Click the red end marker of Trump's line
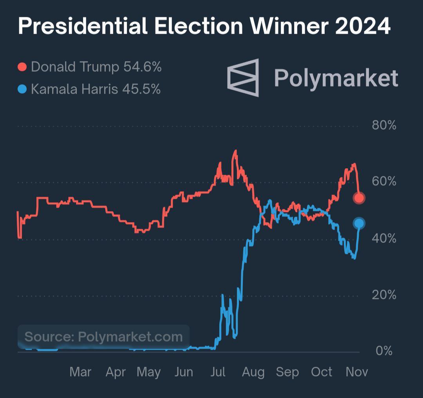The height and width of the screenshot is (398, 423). click(x=359, y=198)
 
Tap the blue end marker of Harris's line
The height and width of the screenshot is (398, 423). click(x=359, y=223)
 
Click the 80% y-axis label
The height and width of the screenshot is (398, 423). click(x=384, y=126)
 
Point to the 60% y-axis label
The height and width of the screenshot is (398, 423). click(x=384, y=182)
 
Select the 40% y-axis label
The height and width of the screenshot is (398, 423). click(x=384, y=238)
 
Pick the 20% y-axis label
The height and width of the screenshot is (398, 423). click(x=384, y=295)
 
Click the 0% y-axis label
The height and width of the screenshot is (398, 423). click(x=384, y=351)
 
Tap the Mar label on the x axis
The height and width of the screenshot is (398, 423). click(x=80, y=372)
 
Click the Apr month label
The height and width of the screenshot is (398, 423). click(x=116, y=372)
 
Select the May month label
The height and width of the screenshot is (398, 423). click(x=148, y=372)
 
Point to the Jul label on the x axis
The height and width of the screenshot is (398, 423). click(x=218, y=372)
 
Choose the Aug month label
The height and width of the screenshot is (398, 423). click(x=253, y=372)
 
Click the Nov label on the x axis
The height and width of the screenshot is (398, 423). click(x=357, y=372)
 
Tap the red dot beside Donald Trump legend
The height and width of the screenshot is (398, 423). click(x=22, y=67)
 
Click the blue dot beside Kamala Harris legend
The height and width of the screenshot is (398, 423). click(x=22, y=89)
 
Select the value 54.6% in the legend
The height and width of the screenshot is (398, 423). click(x=143, y=67)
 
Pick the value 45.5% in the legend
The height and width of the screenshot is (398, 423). click(x=141, y=89)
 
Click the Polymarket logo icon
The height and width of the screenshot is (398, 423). click(x=243, y=78)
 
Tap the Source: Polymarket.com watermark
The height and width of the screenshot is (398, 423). click(x=103, y=336)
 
